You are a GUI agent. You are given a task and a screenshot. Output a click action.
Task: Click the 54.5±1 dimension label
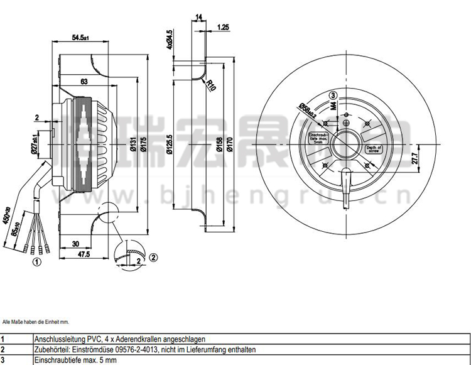click(80, 38)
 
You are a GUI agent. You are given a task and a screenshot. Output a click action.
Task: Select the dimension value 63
click(83, 81)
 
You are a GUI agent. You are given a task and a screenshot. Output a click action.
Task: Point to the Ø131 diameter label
click(134, 146)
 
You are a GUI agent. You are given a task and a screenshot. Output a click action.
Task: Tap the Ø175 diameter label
click(143, 146)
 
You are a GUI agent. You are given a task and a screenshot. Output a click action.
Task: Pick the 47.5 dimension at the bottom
click(84, 254)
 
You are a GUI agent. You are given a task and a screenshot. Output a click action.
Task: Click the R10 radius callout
click(212, 84)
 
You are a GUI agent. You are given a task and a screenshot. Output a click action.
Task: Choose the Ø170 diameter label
click(229, 146)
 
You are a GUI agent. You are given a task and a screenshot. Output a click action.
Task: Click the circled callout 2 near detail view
click(152, 256)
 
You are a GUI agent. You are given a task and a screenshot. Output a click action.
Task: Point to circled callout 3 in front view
click(333, 95)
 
